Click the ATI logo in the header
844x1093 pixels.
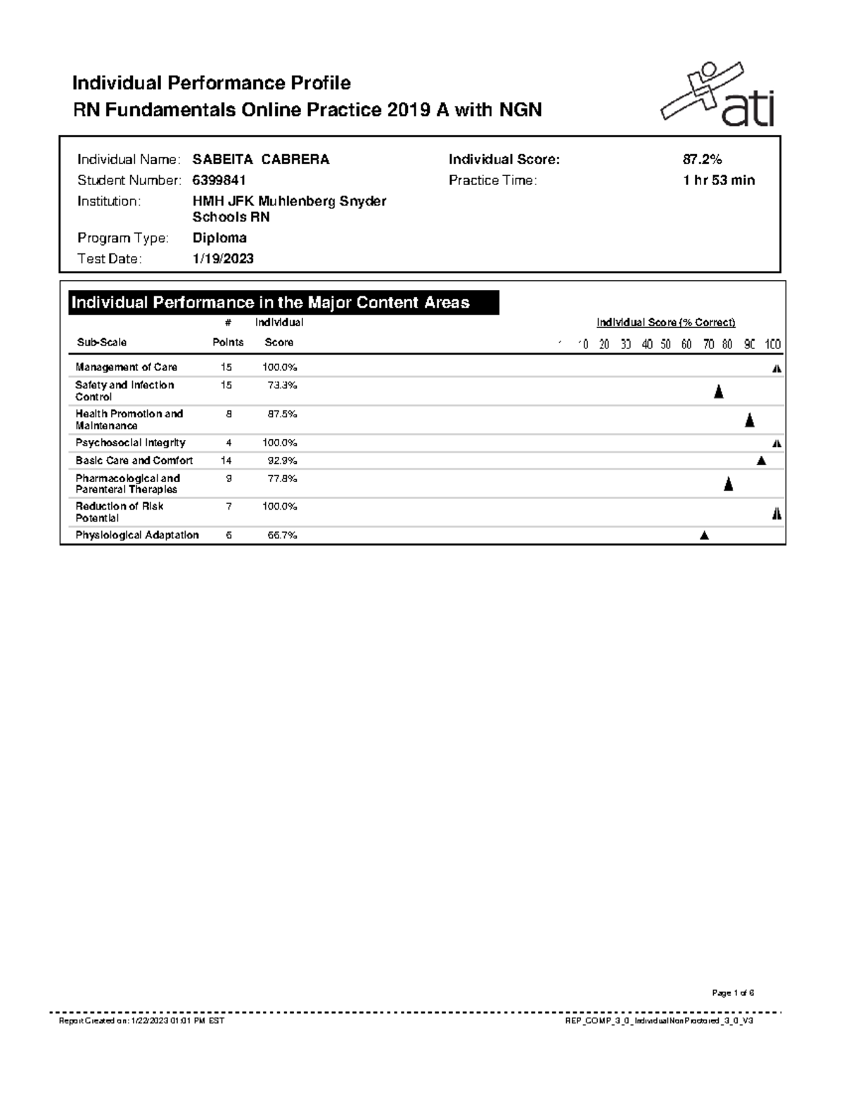coord(717,96)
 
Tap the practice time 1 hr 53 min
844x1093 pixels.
coord(718,180)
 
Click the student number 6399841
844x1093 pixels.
coord(219,180)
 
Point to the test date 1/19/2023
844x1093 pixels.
coord(223,259)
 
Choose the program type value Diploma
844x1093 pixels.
coord(219,238)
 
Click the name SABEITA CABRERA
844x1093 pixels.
coord(261,160)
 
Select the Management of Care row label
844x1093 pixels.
coord(127,367)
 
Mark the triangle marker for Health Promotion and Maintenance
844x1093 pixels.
coord(750,421)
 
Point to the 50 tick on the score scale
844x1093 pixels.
coord(665,344)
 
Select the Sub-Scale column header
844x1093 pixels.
coord(102,342)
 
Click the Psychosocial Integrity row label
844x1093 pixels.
coord(131,443)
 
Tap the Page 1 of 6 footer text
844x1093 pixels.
coord(733,993)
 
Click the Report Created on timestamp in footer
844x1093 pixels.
coord(141,1021)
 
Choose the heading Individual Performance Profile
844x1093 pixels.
coord(212,83)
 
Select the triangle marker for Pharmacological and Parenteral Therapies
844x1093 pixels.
coord(729,484)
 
